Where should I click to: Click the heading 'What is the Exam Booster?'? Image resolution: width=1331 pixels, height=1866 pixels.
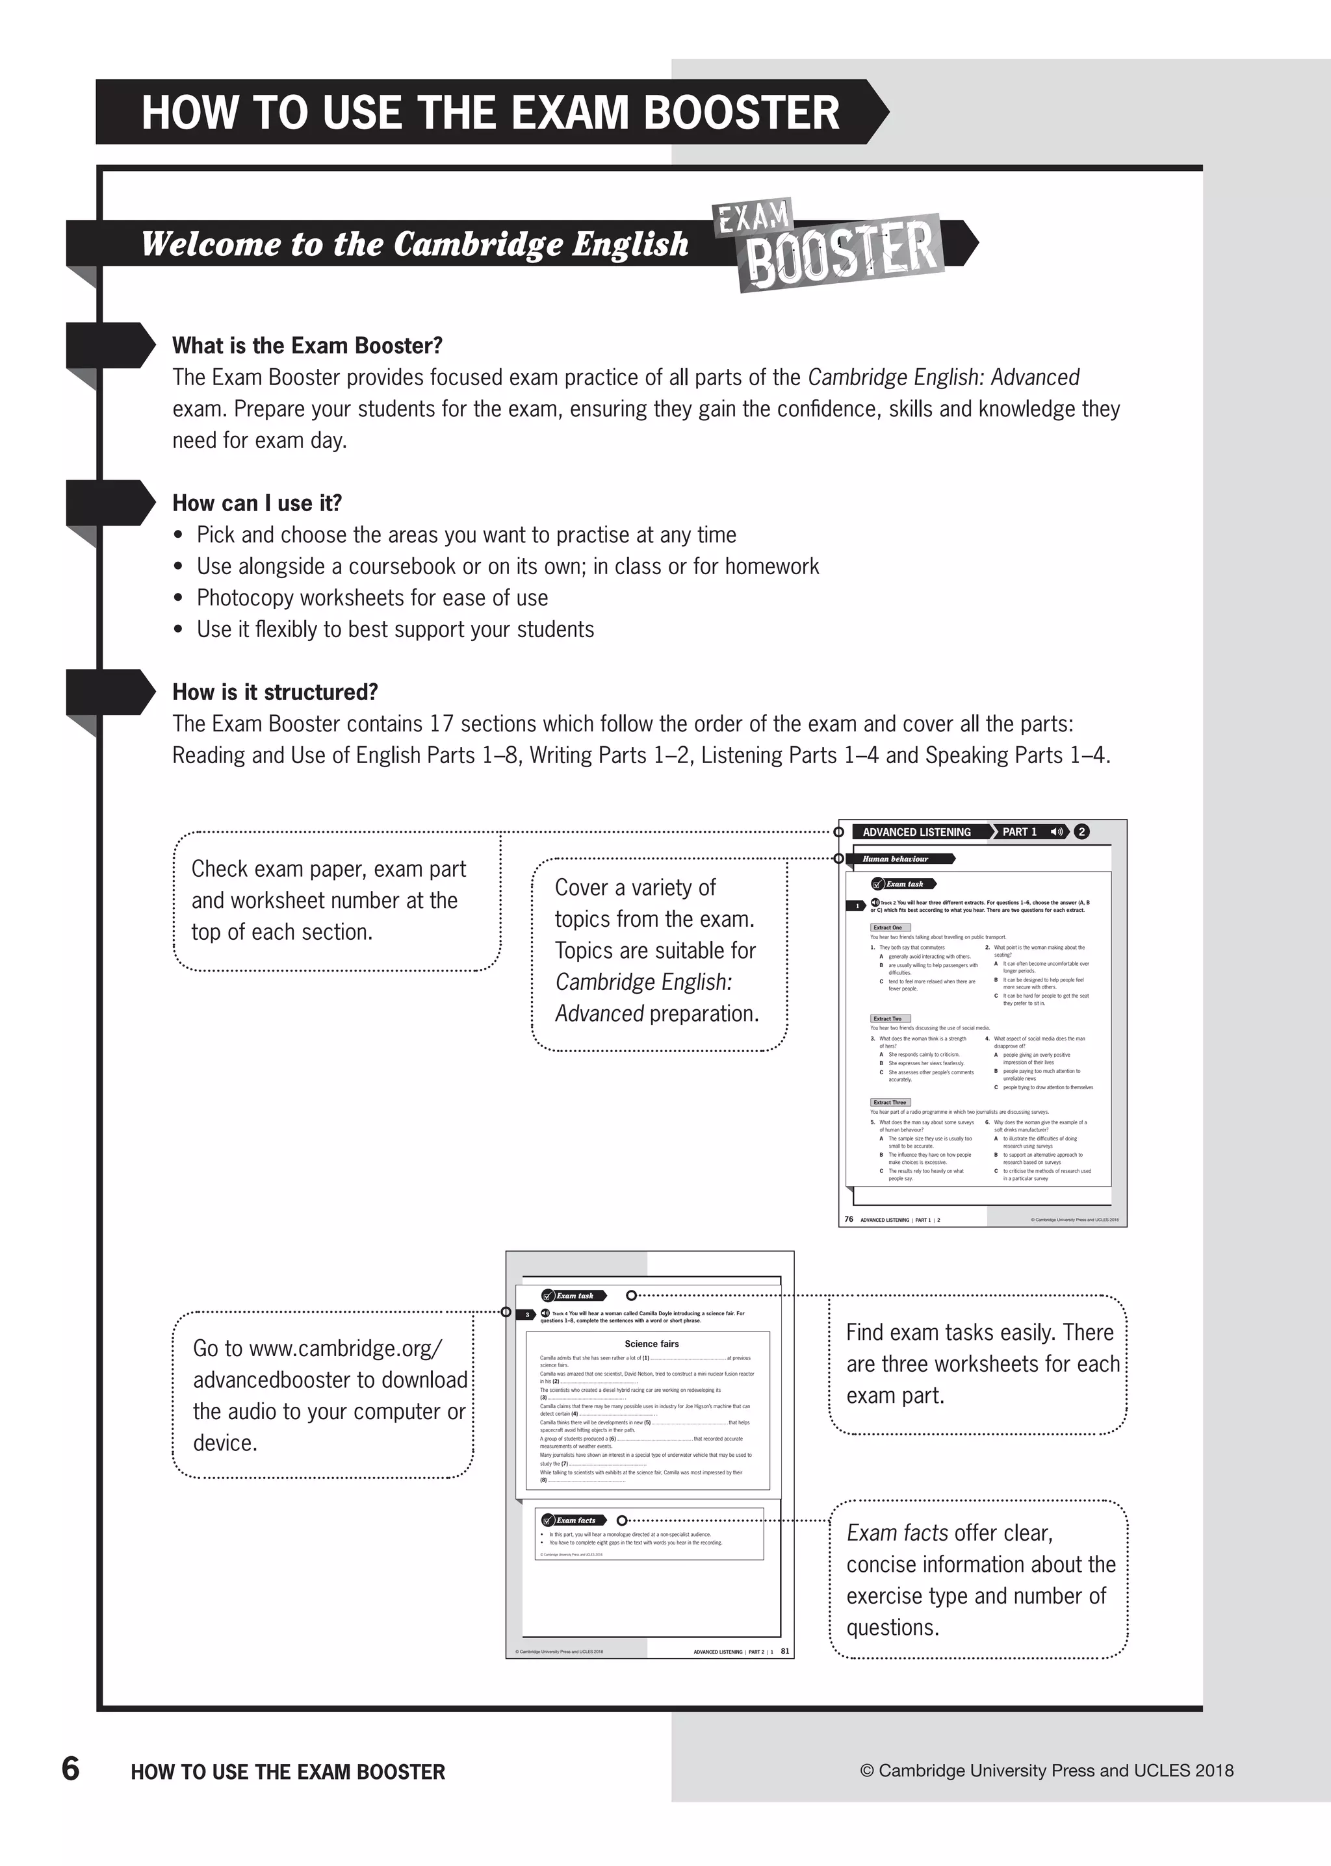[307, 346]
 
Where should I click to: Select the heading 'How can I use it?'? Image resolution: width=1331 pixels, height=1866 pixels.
[257, 503]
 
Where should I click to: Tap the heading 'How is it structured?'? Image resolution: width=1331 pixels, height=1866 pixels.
[274, 692]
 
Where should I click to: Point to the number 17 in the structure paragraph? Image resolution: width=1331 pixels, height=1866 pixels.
[441, 724]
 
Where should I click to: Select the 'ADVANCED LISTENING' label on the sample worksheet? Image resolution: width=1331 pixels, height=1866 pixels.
[916, 831]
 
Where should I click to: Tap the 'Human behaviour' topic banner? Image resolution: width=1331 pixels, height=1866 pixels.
[895, 859]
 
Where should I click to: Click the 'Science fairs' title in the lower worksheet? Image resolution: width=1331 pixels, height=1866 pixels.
[652, 1343]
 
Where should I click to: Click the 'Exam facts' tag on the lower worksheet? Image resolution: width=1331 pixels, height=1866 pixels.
[575, 1520]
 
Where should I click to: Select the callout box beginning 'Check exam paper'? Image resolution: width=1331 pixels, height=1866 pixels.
[336, 900]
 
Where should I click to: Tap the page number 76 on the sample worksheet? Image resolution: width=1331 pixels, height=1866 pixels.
[848, 1219]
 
